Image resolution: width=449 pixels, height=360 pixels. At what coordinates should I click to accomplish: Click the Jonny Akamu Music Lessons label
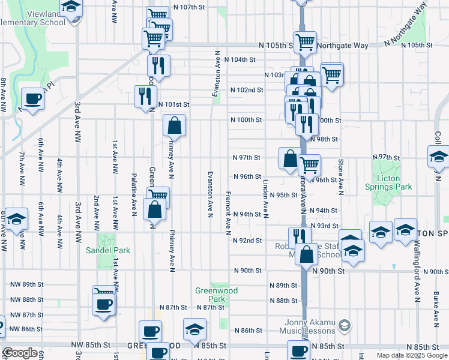310,326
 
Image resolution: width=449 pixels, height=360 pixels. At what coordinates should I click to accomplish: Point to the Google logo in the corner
20,353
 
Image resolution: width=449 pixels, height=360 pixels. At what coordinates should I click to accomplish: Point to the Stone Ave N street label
341,178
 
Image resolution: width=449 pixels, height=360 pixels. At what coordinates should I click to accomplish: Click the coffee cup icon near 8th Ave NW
32,99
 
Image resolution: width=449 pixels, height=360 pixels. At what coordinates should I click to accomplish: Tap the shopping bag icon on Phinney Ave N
174,127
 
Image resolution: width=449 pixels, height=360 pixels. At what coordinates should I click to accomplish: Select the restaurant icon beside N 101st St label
146,96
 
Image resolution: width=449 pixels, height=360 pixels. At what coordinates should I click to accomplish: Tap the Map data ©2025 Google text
411,355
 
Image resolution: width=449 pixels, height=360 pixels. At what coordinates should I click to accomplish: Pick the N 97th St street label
247,158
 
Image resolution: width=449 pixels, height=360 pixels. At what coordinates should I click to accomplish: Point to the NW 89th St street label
27,284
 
